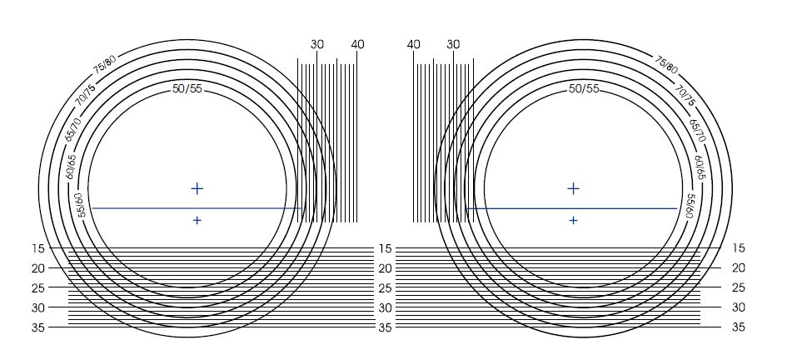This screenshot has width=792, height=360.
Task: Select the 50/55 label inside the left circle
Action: pos(187,89)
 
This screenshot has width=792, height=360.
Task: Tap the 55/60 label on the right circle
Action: pos(690,206)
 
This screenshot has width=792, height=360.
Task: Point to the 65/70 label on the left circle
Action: pos(72,128)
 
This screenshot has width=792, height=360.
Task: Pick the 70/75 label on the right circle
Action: pos(685,95)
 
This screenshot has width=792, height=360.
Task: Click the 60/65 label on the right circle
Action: pos(700,167)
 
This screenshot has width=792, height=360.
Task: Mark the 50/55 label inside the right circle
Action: pos(584,89)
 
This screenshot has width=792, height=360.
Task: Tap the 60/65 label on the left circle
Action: pos(71,167)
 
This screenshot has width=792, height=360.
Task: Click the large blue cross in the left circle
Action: pos(197,188)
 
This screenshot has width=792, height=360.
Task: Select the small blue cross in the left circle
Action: pos(197,220)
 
